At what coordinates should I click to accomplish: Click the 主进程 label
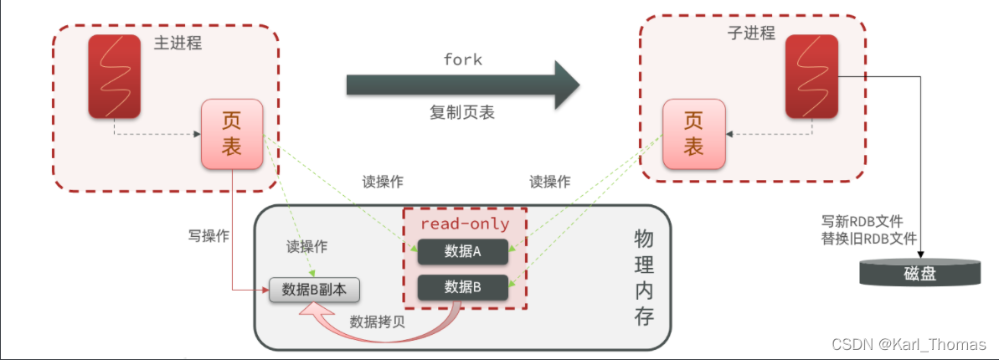pyautogui.click(x=178, y=43)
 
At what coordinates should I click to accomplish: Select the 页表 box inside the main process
pyautogui.click(x=231, y=133)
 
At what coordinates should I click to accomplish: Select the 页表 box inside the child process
pyautogui.click(x=693, y=133)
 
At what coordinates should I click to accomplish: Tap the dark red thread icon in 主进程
pyautogui.click(x=116, y=77)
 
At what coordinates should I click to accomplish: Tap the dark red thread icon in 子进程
pyautogui.click(x=812, y=77)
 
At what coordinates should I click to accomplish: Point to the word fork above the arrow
pyautogui.click(x=462, y=60)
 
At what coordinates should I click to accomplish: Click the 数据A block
pyautogui.click(x=463, y=250)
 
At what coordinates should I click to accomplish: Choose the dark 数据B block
pyautogui.click(x=463, y=286)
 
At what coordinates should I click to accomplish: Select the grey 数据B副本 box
pyautogui.click(x=314, y=290)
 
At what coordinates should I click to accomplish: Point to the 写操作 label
pyautogui.click(x=209, y=235)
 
